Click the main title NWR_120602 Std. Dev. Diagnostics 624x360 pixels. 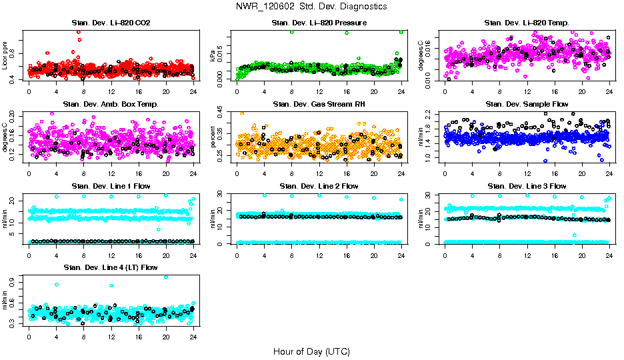click(x=311, y=7)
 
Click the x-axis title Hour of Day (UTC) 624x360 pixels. click(x=311, y=351)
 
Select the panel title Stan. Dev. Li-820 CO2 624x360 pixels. click(x=111, y=23)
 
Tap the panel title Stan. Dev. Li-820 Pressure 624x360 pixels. click(x=319, y=23)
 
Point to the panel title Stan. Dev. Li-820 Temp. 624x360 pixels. click(x=527, y=23)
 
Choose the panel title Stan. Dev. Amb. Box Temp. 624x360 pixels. click(x=111, y=104)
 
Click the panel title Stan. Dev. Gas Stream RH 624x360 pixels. click(x=319, y=104)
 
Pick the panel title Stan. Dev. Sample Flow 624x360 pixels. click(x=527, y=104)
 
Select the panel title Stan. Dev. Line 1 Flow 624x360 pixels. click(x=111, y=186)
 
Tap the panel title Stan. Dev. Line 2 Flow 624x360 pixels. click(x=319, y=186)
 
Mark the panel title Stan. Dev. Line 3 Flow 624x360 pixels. click(x=527, y=186)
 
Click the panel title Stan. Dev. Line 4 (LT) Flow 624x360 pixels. click(x=111, y=267)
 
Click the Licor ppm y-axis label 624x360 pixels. click(x=6, y=56)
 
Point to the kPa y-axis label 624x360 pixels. click(x=214, y=57)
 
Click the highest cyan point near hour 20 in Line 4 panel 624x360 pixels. click(x=166, y=277)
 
